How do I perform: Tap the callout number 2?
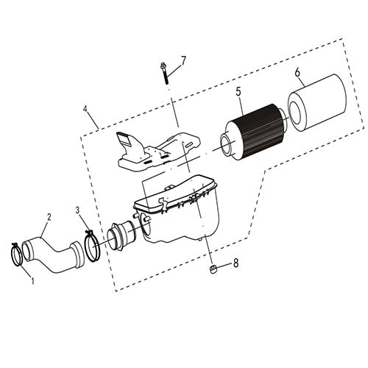pyautogui.click(x=48, y=217)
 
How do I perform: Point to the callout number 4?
pyautogui.click(x=86, y=112)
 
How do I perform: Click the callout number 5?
pyautogui.click(x=238, y=93)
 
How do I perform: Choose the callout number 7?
pyautogui.click(x=184, y=59)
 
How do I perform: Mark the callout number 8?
pyautogui.click(x=235, y=262)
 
